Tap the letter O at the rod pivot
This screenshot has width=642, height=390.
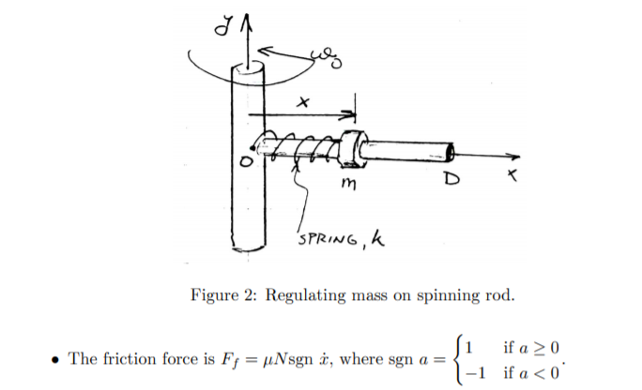pos(242,162)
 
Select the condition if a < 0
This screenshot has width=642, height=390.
pos(534,372)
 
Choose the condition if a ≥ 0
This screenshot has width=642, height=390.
pos(534,349)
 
